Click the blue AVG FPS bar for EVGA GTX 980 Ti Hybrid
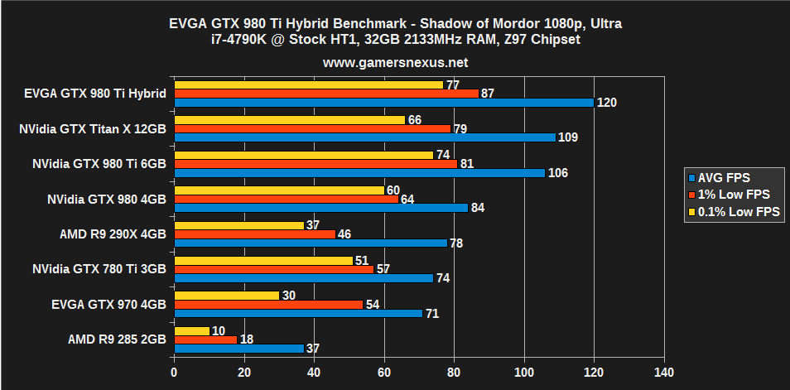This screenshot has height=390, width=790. (x=383, y=103)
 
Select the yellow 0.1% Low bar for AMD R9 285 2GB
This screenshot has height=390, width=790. (x=191, y=331)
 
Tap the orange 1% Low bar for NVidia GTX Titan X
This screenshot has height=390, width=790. (x=312, y=128)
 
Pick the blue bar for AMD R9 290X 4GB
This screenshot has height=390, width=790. (x=310, y=243)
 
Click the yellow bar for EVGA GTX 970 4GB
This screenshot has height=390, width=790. (x=226, y=296)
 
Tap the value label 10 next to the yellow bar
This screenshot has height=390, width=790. (x=219, y=331)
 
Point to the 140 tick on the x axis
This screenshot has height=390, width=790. (x=664, y=373)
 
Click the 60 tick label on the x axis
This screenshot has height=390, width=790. (x=384, y=373)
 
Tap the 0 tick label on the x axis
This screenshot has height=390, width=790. (x=174, y=373)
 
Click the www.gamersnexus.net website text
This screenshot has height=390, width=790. (x=395, y=62)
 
